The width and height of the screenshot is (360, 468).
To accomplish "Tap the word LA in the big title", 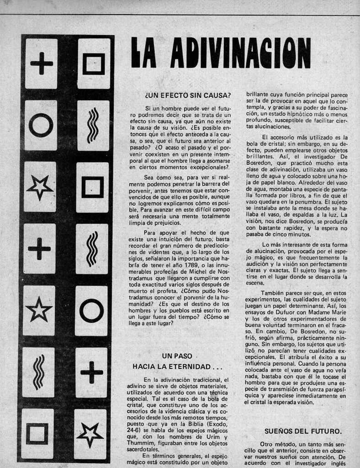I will click(x=143, y=52).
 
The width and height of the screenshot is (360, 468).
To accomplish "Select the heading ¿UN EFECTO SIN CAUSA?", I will click(x=187, y=96).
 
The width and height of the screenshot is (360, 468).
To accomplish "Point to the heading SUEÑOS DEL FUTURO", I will click(x=303, y=431).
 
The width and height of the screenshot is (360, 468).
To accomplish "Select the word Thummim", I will click(x=139, y=443).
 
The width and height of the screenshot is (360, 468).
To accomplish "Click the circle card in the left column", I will click(x=41, y=125).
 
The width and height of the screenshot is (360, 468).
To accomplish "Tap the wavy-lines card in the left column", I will click(x=39, y=372).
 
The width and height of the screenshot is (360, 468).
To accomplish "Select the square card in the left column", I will click(x=37, y=433).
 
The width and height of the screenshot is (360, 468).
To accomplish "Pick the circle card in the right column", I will click(x=91, y=311).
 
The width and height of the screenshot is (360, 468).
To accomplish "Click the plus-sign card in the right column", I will click(x=91, y=372).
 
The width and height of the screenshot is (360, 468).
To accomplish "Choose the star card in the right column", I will click(x=90, y=434).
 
